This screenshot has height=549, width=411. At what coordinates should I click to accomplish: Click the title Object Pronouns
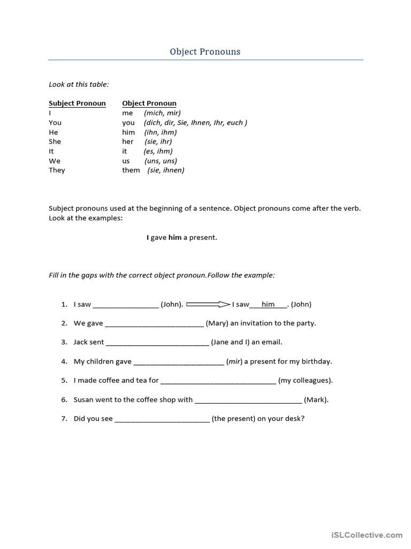[x=205, y=52]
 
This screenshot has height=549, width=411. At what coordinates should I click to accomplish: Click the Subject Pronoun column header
[x=77, y=103]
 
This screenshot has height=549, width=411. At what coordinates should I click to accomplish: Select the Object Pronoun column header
[x=149, y=103]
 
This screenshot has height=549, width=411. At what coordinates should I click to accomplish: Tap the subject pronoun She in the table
[x=55, y=142]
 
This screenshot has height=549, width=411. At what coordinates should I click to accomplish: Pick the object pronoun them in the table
[x=131, y=170]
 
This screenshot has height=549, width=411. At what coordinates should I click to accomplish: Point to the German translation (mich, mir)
[x=162, y=113]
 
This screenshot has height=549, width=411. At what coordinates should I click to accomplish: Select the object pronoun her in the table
[x=127, y=142]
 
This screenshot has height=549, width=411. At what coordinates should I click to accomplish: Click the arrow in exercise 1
[x=208, y=304]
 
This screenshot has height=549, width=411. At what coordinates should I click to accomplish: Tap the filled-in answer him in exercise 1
[x=268, y=304]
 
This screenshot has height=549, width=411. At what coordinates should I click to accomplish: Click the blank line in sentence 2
[x=154, y=324]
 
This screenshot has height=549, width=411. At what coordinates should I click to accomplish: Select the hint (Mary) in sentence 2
[x=217, y=323]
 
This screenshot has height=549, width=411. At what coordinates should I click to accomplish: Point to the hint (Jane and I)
[x=230, y=342]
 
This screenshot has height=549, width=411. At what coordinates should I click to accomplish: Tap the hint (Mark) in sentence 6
[x=316, y=399]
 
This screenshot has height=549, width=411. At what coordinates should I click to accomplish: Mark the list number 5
[x=64, y=381]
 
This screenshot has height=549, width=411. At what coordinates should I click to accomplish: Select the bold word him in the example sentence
[x=175, y=238]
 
